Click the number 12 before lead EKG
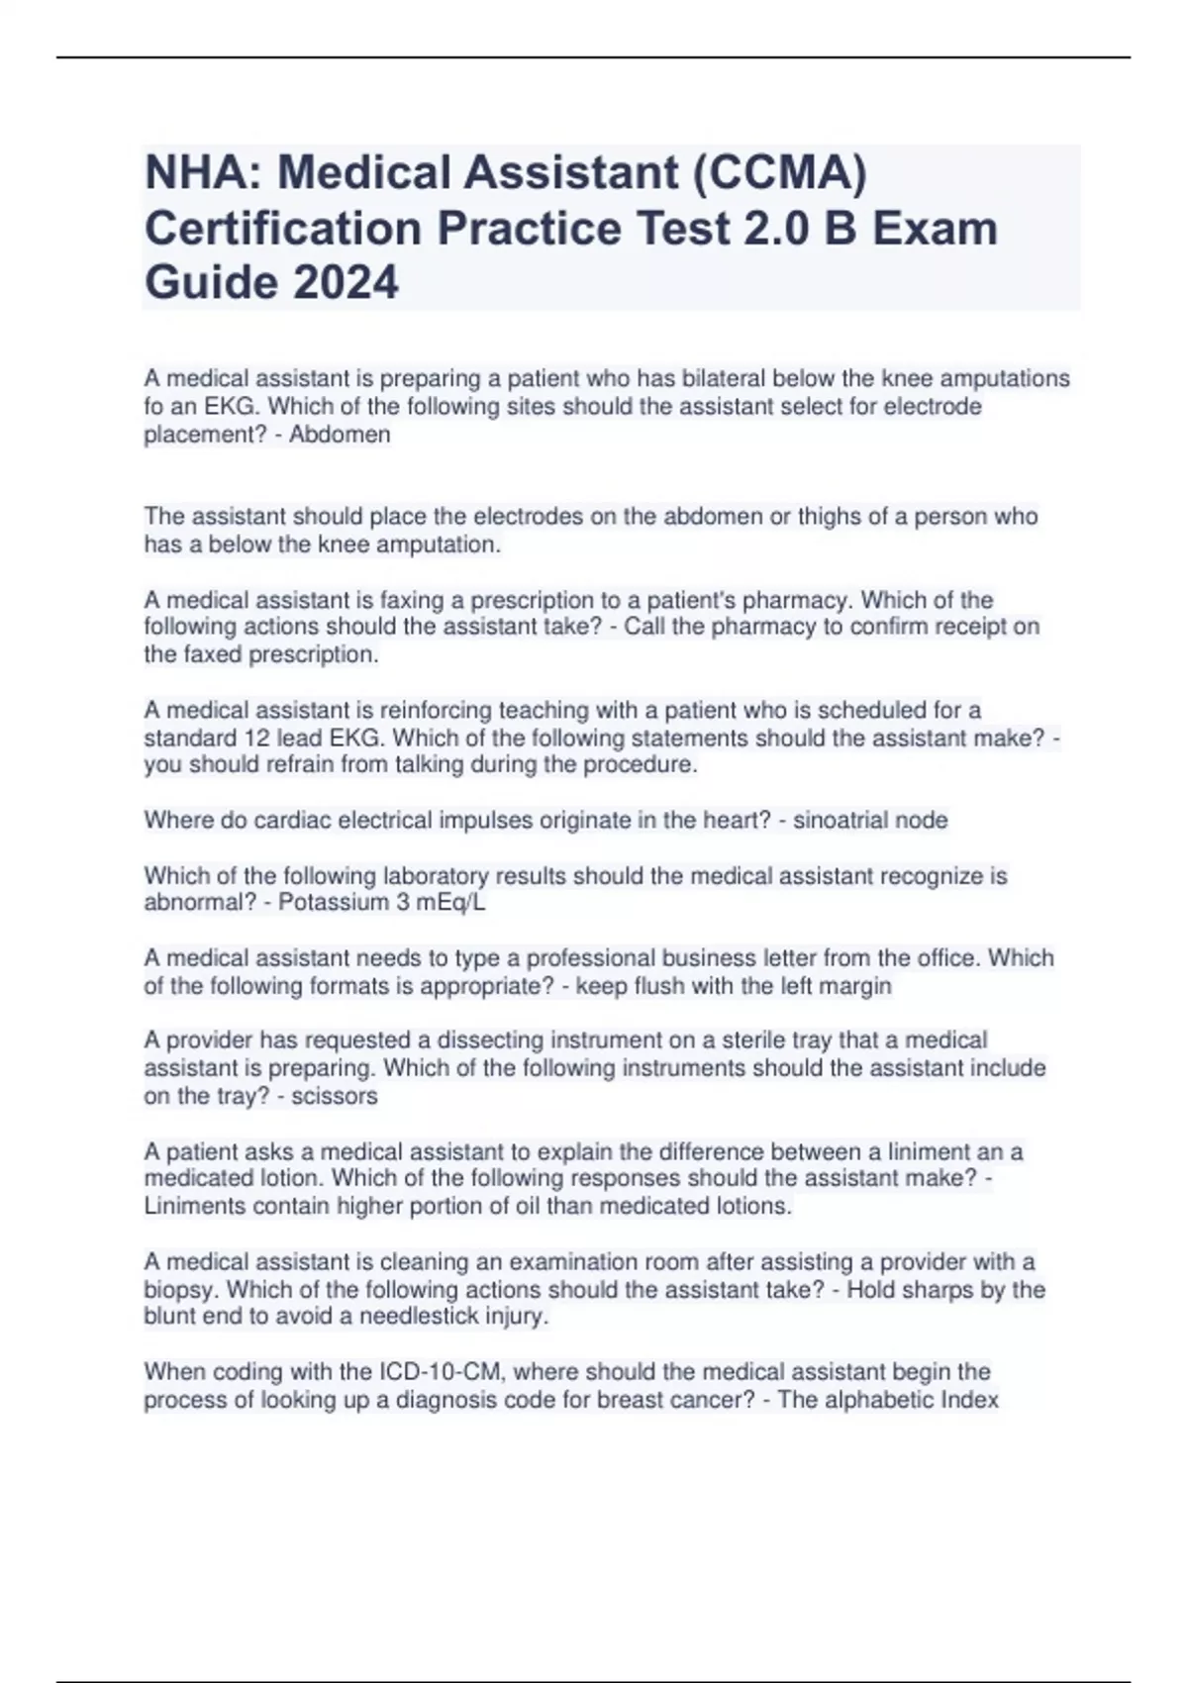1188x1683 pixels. click(256, 738)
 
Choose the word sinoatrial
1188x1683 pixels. click(841, 820)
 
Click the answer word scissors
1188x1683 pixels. click(335, 1095)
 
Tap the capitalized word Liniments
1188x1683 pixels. click(195, 1206)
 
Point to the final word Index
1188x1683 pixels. click(971, 1399)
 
